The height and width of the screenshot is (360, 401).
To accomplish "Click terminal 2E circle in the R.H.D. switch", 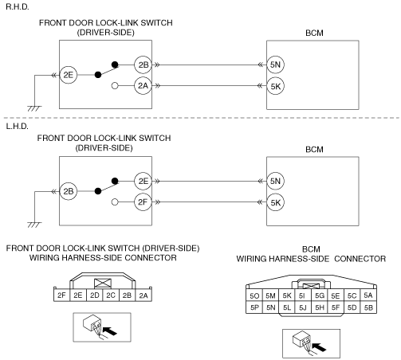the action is [69, 75].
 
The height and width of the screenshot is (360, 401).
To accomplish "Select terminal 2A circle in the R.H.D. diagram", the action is [143, 86].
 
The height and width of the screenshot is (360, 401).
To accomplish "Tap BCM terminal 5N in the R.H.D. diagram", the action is [275, 65].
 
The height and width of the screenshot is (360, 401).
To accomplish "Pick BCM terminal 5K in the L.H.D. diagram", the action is [275, 202].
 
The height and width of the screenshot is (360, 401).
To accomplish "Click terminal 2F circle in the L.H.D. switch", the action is [143, 202].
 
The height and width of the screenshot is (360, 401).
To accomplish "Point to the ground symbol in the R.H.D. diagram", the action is [34, 108].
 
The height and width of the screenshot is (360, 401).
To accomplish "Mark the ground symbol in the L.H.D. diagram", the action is [34, 225].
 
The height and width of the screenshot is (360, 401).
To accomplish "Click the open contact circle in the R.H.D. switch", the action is [115, 86].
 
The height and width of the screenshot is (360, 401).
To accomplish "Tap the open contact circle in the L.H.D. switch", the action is [115, 202].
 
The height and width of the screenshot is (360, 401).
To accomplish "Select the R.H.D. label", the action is [18, 7].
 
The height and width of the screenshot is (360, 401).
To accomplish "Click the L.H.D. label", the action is [17, 126].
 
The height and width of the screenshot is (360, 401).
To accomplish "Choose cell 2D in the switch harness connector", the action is [94, 295].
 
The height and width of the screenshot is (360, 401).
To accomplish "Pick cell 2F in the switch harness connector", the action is [61, 295].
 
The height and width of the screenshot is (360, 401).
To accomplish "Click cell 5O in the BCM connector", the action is [254, 295].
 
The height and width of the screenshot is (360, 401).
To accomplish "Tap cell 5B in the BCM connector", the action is [368, 307].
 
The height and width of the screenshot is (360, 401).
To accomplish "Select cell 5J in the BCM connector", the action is [303, 307].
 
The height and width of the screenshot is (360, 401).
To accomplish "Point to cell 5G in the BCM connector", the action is [320, 295].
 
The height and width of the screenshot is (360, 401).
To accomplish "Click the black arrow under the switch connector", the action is [110, 331].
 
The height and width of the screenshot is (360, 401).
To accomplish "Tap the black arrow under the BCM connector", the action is [319, 347].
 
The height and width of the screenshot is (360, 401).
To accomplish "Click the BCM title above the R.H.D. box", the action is [314, 33].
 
